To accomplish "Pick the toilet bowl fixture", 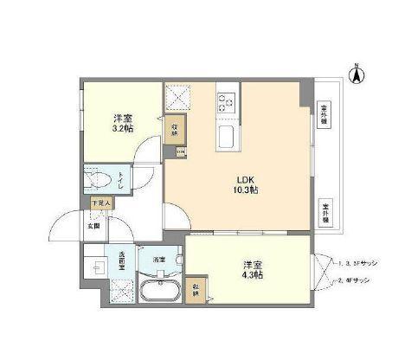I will tap(98, 180).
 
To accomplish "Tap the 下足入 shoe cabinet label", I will tap(101, 204).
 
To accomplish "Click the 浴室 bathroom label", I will tap(158, 259).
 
